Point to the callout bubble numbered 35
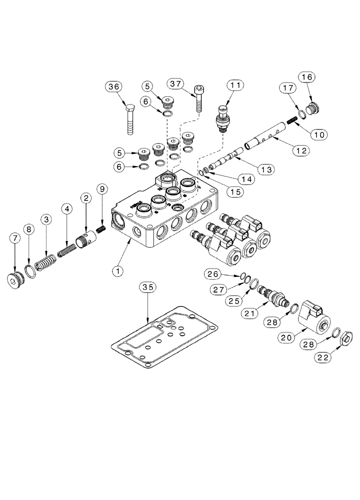tap(148, 287)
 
